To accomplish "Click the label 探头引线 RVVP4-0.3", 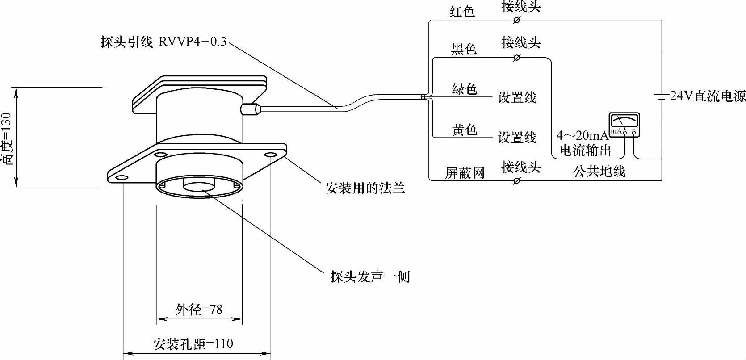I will (x=163, y=42).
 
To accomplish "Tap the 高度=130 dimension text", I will (x=6, y=138).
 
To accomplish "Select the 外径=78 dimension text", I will (x=199, y=309).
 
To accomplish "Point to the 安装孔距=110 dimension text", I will (x=193, y=344).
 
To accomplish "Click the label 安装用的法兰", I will (x=365, y=188).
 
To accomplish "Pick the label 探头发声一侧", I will (x=370, y=277).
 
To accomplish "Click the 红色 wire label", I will (x=462, y=12).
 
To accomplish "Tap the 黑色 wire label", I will (x=464, y=49).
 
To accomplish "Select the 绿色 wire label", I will (x=465, y=89).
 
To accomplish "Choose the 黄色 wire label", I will (x=465, y=130).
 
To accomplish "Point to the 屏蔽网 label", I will (x=465, y=173).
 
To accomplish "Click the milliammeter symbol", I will (x=624, y=125).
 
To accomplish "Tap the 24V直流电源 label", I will (x=708, y=96).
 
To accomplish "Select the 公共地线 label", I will (x=599, y=171).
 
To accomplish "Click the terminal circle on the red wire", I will (x=517, y=20).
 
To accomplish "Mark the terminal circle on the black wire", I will (x=517, y=58).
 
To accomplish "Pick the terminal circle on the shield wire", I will (x=517, y=180).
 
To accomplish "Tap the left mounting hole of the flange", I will (x=121, y=178).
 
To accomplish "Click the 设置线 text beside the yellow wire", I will (x=517, y=137).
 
